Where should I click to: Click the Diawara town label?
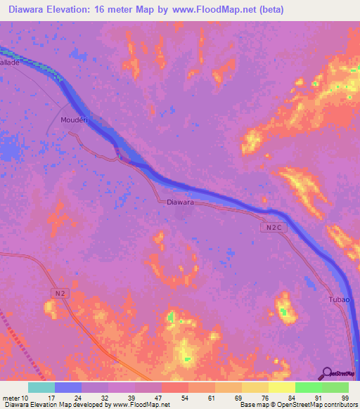tap(181, 202)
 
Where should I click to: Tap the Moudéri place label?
tap(75, 119)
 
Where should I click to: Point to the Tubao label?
tap(339, 300)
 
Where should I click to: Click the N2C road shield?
tap(274, 227)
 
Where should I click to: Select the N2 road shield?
tap(61, 292)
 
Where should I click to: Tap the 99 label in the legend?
tap(345, 398)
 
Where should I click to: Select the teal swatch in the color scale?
tap(41, 387)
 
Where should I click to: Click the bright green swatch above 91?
tap(309, 387)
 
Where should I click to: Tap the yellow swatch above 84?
tap(282, 387)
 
